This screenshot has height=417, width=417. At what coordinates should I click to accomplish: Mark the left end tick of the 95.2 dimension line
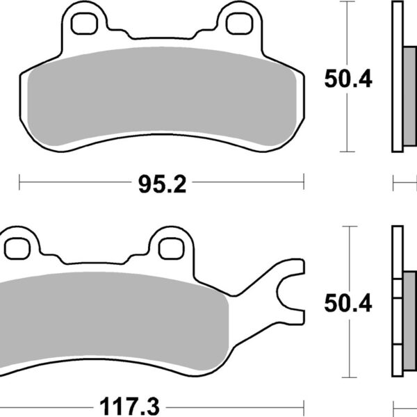(19, 183)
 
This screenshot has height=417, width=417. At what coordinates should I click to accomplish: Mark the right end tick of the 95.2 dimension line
(303, 183)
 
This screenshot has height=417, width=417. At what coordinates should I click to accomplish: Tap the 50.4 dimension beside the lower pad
(348, 303)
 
